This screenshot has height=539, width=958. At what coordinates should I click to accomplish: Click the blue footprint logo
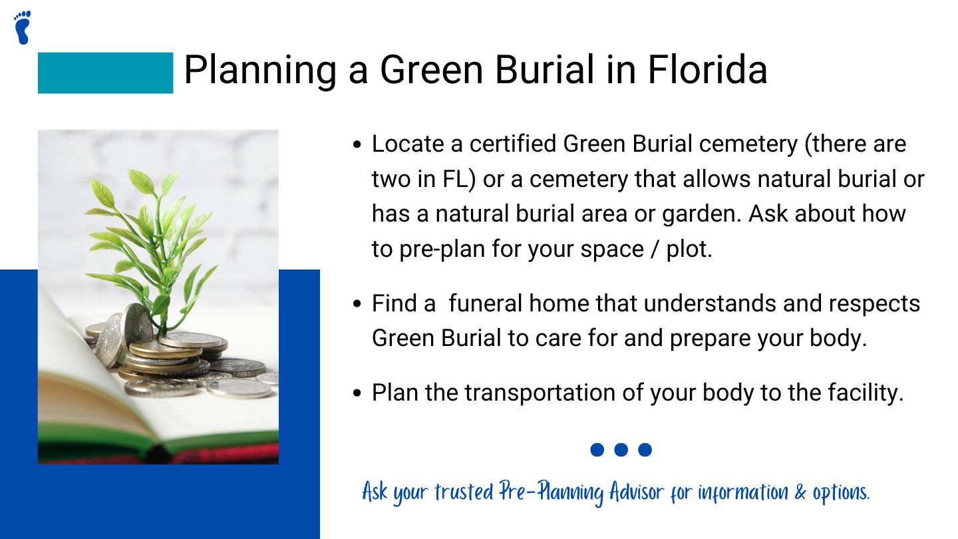(x=22, y=27)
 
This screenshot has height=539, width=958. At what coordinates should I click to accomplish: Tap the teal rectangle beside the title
(x=105, y=73)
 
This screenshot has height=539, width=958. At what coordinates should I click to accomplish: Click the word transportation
(x=540, y=393)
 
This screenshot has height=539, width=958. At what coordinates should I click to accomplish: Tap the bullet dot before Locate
(x=358, y=144)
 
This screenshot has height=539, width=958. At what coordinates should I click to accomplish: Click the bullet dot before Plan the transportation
(x=358, y=393)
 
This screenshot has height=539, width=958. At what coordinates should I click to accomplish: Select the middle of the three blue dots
(x=621, y=450)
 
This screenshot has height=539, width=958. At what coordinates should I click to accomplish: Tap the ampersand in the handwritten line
(x=800, y=493)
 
